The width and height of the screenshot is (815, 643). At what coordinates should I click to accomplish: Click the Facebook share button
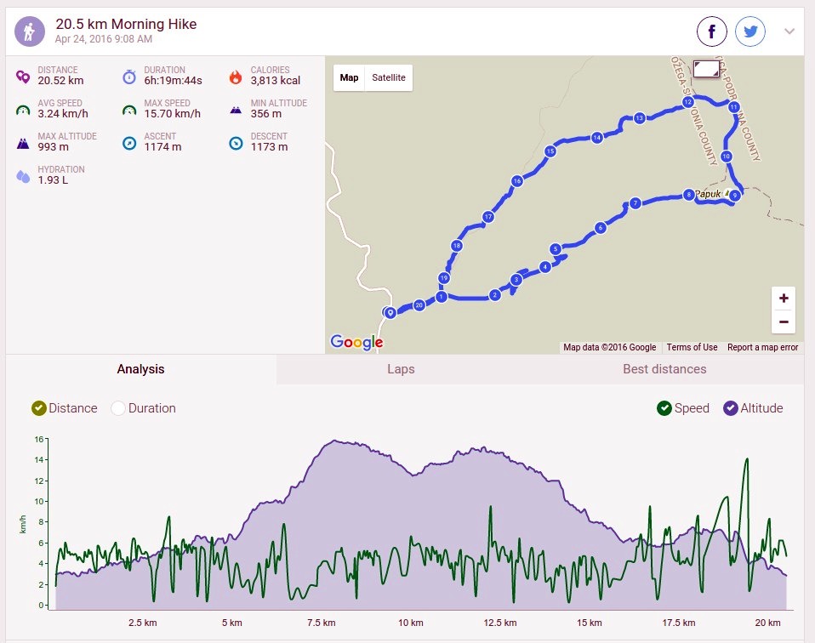click(x=711, y=31)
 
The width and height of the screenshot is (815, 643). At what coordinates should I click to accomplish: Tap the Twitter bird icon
click(x=750, y=31)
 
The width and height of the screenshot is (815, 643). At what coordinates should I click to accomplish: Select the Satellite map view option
click(x=389, y=78)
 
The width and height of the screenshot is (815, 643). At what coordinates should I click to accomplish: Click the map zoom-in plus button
click(x=784, y=299)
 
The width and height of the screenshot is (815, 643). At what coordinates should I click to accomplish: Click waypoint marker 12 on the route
click(x=688, y=102)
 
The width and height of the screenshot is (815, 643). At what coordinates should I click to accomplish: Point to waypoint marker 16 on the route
click(x=516, y=181)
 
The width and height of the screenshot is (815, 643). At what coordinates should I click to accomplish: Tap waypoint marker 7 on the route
click(x=635, y=203)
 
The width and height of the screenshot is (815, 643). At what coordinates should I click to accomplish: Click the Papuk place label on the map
click(x=709, y=194)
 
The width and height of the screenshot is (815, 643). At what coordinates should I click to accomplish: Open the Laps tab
click(x=401, y=369)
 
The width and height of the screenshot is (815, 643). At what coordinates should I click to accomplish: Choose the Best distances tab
click(x=664, y=369)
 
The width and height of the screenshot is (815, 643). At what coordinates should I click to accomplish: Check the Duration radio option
click(x=118, y=408)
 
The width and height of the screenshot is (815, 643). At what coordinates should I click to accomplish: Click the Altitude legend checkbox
click(x=730, y=408)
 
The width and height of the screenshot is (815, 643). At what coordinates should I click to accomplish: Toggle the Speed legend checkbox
click(x=664, y=408)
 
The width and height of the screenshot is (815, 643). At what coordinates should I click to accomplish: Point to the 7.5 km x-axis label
click(x=322, y=623)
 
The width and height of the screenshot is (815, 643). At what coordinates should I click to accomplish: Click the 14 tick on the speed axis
click(x=39, y=460)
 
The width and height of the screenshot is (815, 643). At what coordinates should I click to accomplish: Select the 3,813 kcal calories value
click(x=276, y=81)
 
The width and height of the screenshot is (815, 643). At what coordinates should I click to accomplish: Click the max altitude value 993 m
click(x=53, y=147)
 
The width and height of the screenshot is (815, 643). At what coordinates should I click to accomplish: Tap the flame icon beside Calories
click(x=236, y=77)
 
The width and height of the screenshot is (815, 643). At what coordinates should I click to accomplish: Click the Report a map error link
click(x=762, y=347)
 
